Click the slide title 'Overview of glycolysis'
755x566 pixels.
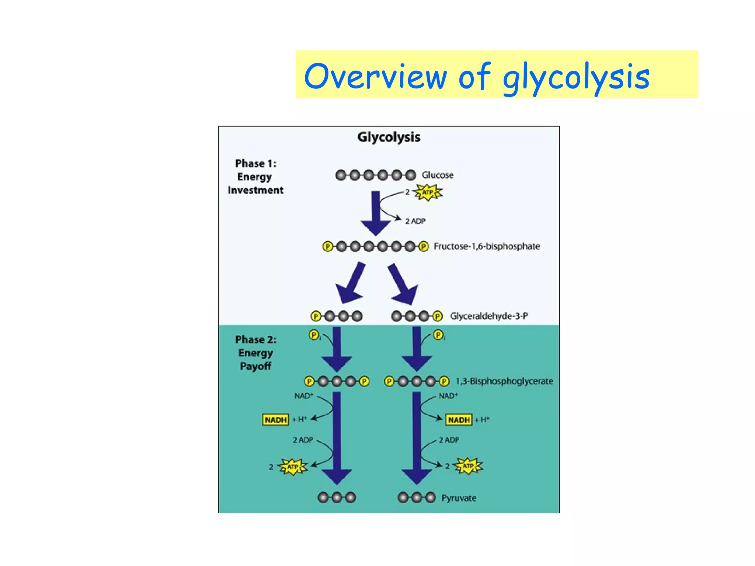coord(476,76)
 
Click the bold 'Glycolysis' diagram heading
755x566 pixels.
coord(389,137)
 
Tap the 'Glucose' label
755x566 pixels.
coord(437,175)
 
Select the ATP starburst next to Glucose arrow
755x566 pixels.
coord(427,192)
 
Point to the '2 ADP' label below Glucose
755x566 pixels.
coord(415,221)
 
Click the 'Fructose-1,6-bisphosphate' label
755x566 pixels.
coord(486,246)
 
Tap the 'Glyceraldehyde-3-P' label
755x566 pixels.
coord(488,316)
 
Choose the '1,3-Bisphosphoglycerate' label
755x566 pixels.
coord(504,381)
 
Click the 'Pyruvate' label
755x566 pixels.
coord(459,498)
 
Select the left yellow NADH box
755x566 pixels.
coord(275,420)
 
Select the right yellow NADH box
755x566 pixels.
coord(459,420)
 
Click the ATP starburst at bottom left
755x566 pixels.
coord(292,467)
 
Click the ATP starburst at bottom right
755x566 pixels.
coord(468,466)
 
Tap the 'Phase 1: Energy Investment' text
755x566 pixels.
coord(255,177)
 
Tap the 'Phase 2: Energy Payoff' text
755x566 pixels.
coord(255,353)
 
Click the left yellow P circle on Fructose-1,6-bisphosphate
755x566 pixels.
coord(327,246)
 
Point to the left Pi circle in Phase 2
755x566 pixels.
coord(314,335)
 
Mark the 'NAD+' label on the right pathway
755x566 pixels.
coord(448,396)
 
